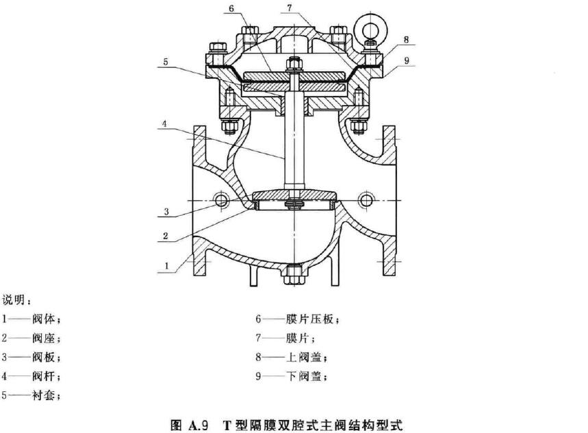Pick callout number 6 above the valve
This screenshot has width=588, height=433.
pos(231,8)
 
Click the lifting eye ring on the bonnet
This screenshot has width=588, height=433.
pos(374,29)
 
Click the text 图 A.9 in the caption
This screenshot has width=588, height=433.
pos(194,423)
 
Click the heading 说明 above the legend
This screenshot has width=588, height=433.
pos(11,300)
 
